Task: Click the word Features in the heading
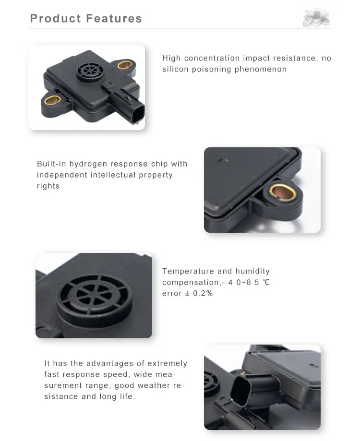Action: pos(114,19)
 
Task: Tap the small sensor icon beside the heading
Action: pos(316,18)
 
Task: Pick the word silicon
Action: pos(176,69)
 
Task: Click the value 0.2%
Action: pos(203,293)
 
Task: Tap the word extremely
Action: pos(167,363)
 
